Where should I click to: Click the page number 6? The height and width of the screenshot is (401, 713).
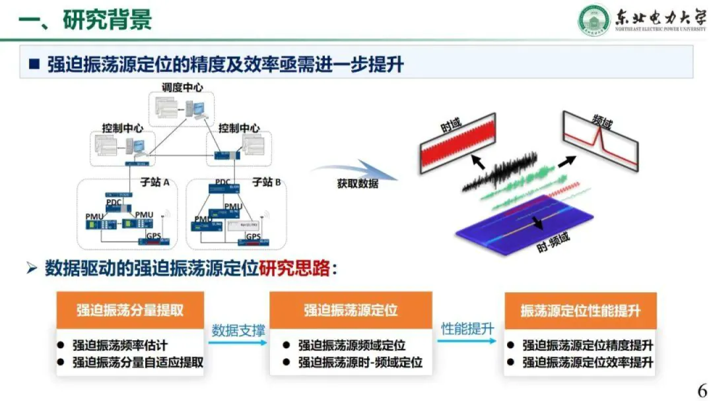click(702, 389)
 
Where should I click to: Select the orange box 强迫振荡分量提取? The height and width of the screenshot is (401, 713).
click(130, 310)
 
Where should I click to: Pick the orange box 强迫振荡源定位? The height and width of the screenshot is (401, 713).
click(351, 310)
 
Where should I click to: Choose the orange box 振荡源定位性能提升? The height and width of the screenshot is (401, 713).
click(580, 311)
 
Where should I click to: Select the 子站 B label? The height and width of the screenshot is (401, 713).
click(267, 181)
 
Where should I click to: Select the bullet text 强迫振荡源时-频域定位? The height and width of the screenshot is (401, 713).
click(360, 362)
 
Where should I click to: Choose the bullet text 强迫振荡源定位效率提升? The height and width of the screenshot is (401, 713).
click(588, 362)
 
